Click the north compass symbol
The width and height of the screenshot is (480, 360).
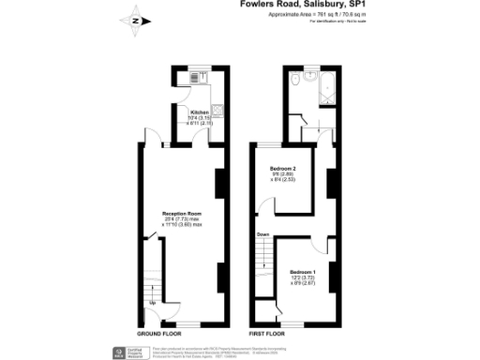pos(136,20)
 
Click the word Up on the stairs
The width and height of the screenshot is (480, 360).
pos(152,304)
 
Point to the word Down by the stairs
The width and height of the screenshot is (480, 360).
pos(263,234)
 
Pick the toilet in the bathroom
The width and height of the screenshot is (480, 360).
pos(293,81)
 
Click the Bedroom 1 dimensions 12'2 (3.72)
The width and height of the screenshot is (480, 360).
pos(302,277)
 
